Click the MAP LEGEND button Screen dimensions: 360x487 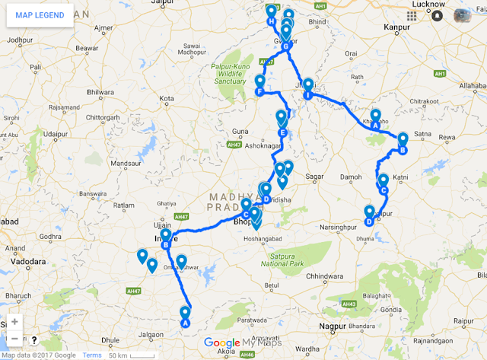[x=40, y=15]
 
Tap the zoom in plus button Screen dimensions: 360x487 [x=14, y=322]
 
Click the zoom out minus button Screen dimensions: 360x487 [x=14, y=339]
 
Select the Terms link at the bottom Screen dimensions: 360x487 [x=92, y=355]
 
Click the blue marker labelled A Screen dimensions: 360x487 [x=184, y=314]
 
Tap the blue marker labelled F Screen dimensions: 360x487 [x=260, y=83]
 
